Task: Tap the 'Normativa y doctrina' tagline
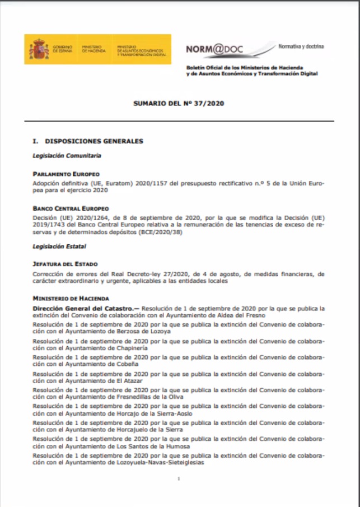point(301,46)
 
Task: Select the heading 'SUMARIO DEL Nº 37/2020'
point(179,104)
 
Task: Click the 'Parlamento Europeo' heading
point(66,174)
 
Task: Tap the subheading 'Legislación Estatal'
point(59,246)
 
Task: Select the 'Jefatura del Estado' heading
point(66,264)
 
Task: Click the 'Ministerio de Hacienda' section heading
point(71,299)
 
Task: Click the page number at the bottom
point(178,480)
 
